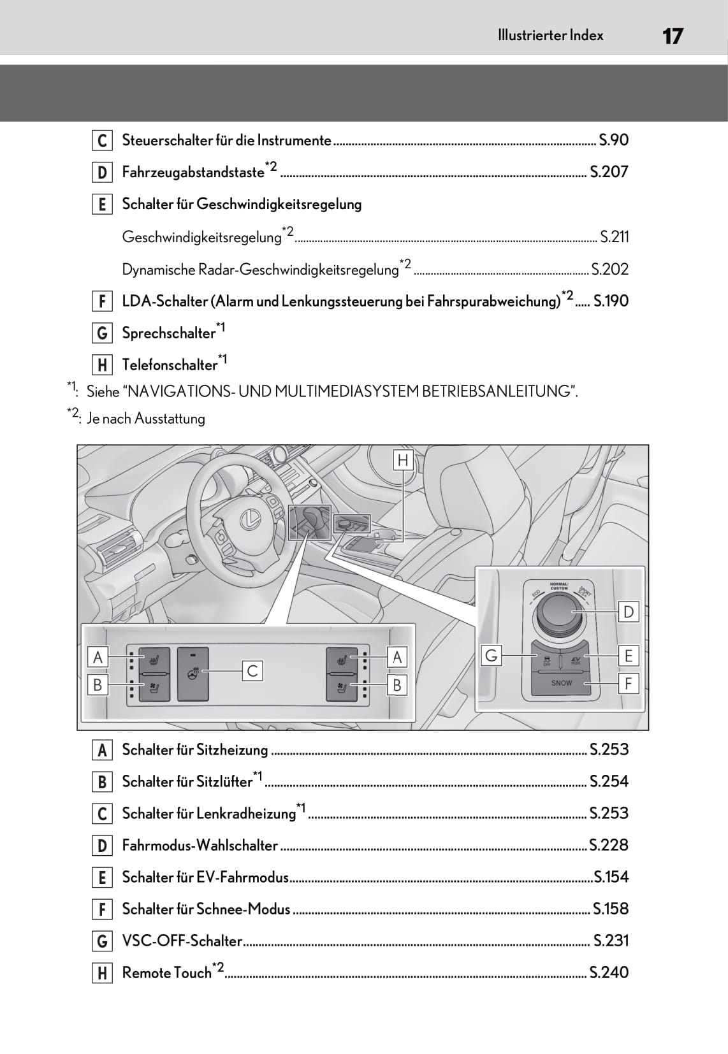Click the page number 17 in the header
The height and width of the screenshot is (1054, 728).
pyautogui.click(x=673, y=36)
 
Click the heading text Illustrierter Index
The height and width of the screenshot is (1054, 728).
pyautogui.click(x=550, y=36)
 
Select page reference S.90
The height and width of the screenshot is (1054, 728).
pyautogui.click(x=613, y=140)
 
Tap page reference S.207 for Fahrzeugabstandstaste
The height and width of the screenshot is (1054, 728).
pyautogui.click(x=609, y=172)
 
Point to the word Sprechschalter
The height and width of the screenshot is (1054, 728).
pyautogui.click(x=168, y=333)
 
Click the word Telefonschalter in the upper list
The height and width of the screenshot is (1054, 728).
pyautogui.click(x=170, y=365)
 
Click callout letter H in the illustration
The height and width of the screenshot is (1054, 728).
pyautogui.click(x=403, y=460)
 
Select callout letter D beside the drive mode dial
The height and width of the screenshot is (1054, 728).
pyautogui.click(x=629, y=612)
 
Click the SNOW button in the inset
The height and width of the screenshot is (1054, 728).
pyautogui.click(x=561, y=683)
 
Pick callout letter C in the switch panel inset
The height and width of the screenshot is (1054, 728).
pyautogui.click(x=252, y=670)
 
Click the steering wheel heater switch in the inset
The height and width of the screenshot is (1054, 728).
pyautogui.click(x=193, y=674)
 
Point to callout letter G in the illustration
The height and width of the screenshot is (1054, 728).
pyautogui.click(x=491, y=655)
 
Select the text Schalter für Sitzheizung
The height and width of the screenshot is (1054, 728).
pyautogui.click(x=195, y=750)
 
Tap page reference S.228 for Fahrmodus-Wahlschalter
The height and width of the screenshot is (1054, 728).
pyautogui.click(x=609, y=846)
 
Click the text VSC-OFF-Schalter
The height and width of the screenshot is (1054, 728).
pyautogui.click(x=182, y=941)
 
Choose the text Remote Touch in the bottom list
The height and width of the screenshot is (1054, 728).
pyautogui.click(x=166, y=973)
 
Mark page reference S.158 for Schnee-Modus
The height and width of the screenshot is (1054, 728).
pyautogui.click(x=610, y=909)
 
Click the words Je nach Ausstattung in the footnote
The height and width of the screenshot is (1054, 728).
pyautogui.click(x=146, y=419)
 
